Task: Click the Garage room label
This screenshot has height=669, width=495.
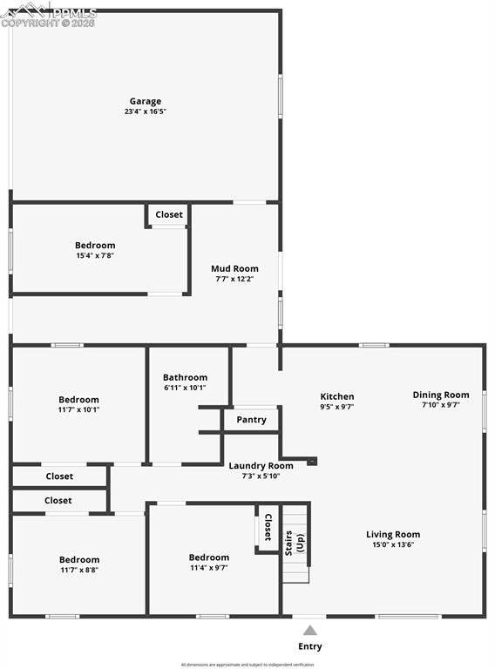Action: [x=146, y=101]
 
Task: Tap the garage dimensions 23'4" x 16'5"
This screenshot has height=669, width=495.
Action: [x=146, y=111]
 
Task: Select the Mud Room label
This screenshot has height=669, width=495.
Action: [x=234, y=268]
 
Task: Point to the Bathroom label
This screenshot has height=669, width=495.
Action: [x=185, y=377]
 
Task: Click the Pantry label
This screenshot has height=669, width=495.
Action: [x=251, y=420]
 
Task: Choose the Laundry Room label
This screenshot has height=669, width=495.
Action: [x=261, y=465]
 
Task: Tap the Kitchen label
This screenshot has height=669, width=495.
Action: [x=336, y=396]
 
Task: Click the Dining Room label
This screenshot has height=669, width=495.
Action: [x=441, y=395]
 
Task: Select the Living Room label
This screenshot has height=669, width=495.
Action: [x=392, y=534]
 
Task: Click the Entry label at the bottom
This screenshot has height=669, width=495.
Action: [x=310, y=646]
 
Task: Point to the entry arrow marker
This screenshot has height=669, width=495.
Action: [x=310, y=630]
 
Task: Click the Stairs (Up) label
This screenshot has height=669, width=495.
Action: [x=295, y=540]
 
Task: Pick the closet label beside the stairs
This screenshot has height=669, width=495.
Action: [x=268, y=528]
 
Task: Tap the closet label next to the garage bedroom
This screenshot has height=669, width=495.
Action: [x=169, y=214]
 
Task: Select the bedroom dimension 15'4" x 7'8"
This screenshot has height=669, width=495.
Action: [x=95, y=255]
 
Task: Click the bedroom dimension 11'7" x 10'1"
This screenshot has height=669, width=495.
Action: [x=78, y=409]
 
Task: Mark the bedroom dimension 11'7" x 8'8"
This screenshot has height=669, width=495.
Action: [x=79, y=570]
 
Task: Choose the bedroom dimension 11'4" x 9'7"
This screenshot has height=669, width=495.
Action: [x=209, y=567]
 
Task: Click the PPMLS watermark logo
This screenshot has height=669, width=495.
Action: [x=48, y=13]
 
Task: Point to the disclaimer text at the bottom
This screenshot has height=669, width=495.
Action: [x=247, y=665]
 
